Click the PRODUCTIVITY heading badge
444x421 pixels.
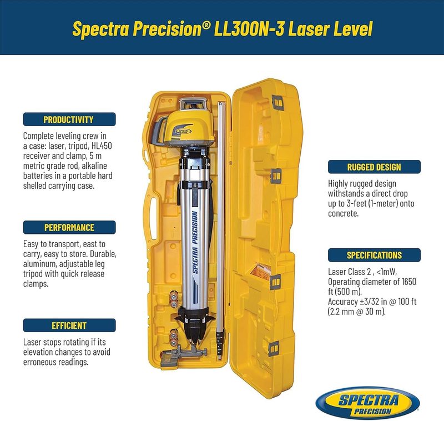tap(69, 119)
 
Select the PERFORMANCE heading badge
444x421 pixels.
tap(69, 228)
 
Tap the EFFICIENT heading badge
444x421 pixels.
tap(69, 325)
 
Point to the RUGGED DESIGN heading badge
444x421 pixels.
tap(374, 167)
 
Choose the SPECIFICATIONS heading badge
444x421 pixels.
tap(374, 255)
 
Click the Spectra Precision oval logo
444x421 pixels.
tap(368, 403)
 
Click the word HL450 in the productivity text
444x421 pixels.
tap(102, 146)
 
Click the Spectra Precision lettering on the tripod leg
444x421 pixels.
tap(195, 243)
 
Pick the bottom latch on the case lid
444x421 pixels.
tap(274, 349)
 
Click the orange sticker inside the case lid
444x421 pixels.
tap(261, 272)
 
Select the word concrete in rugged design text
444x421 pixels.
tap(343, 214)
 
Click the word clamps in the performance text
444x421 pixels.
tap(36, 284)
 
